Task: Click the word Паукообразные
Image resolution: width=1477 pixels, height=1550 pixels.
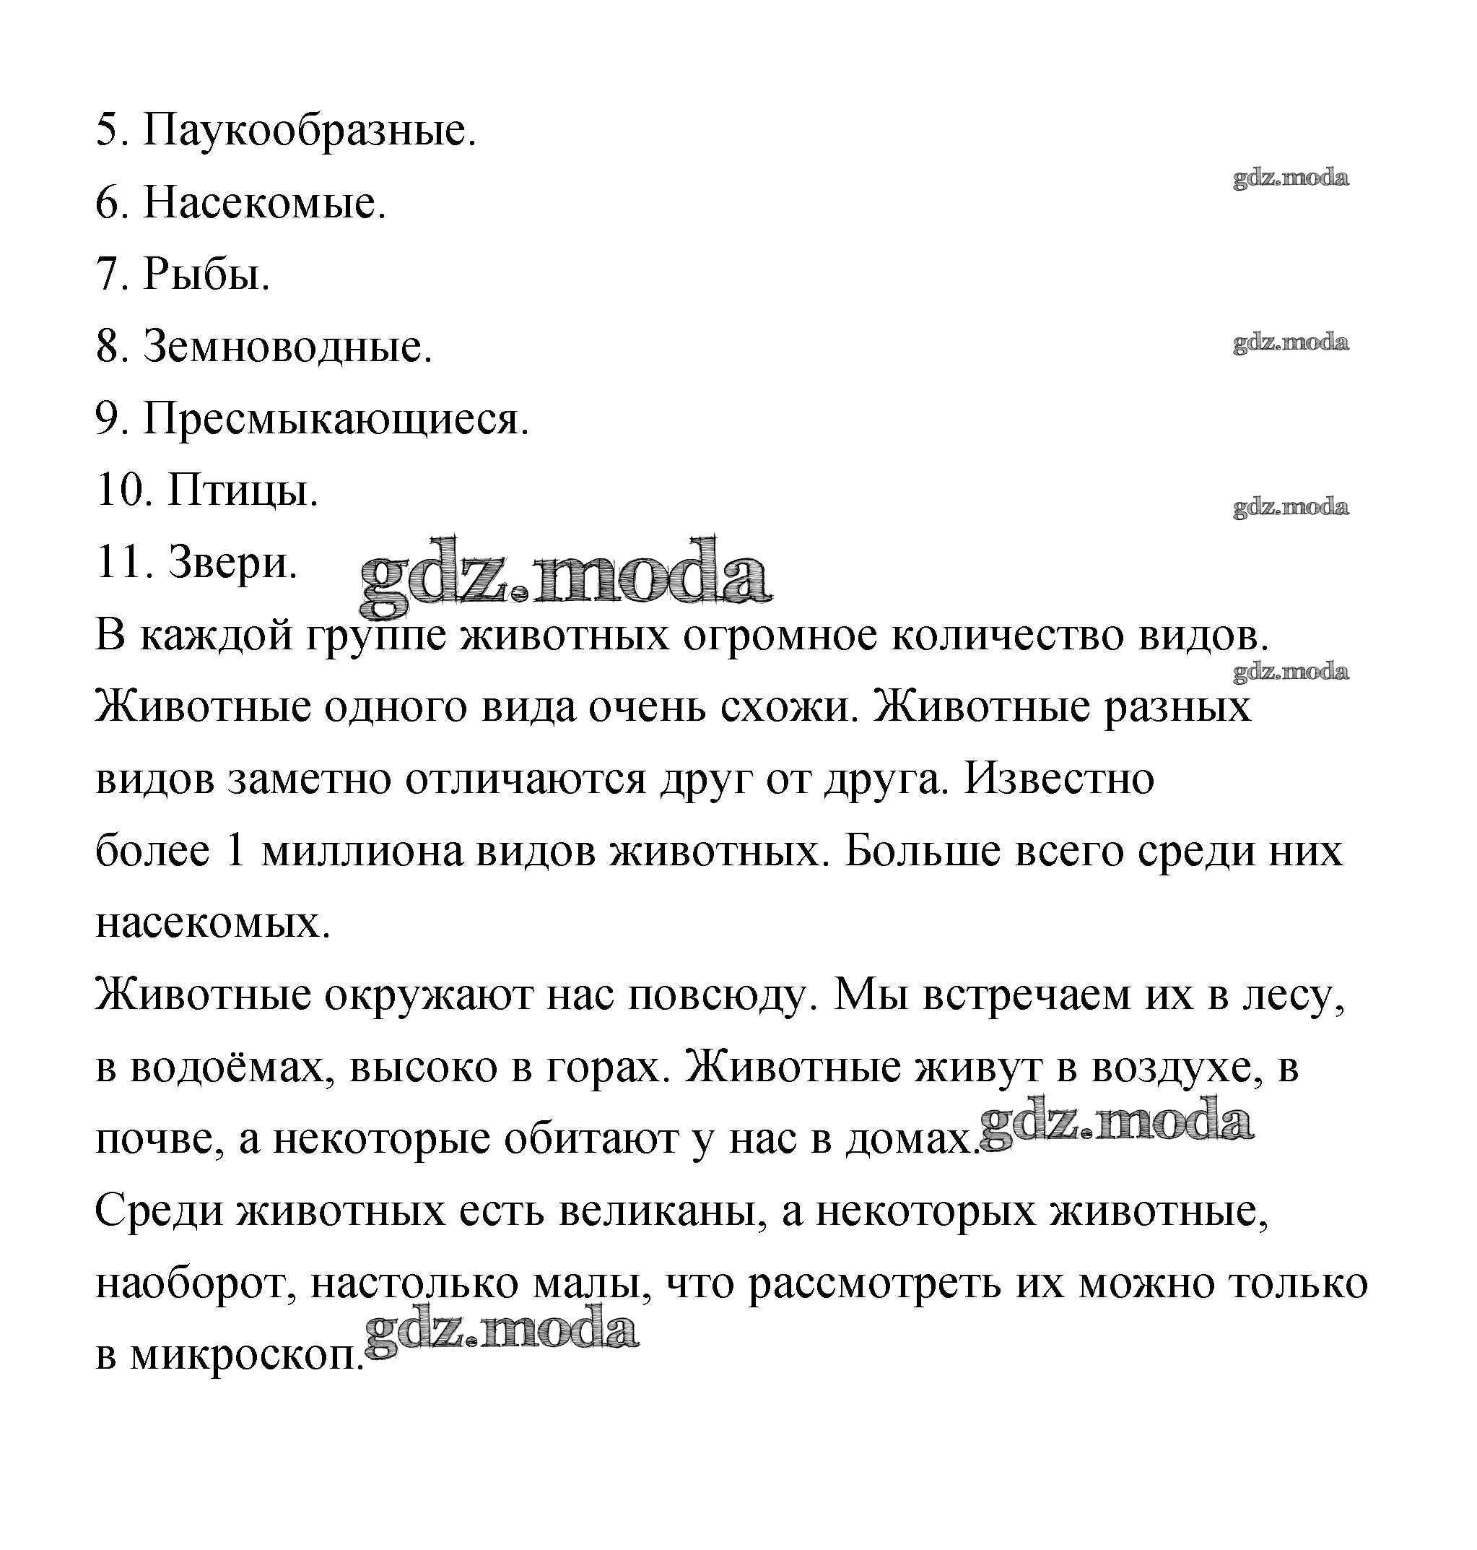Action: click(310, 131)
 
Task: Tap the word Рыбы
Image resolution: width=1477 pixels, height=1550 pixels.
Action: click(206, 275)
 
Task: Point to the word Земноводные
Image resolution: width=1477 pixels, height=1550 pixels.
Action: click(287, 347)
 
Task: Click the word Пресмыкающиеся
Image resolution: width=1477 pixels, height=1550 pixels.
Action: click(336, 419)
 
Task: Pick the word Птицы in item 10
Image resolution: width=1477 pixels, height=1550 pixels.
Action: click(243, 490)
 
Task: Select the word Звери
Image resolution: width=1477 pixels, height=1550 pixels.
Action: click(233, 563)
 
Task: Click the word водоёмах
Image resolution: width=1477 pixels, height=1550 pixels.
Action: click(236, 1068)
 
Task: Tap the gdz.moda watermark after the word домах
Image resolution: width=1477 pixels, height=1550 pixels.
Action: click(1116, 1124)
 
